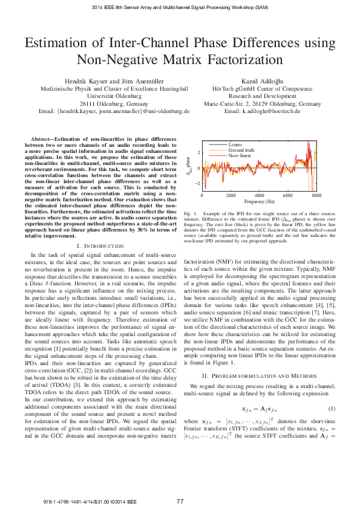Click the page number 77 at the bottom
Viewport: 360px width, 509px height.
tap(180, 501)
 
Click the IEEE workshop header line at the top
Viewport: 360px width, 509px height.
tap(180, 7)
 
